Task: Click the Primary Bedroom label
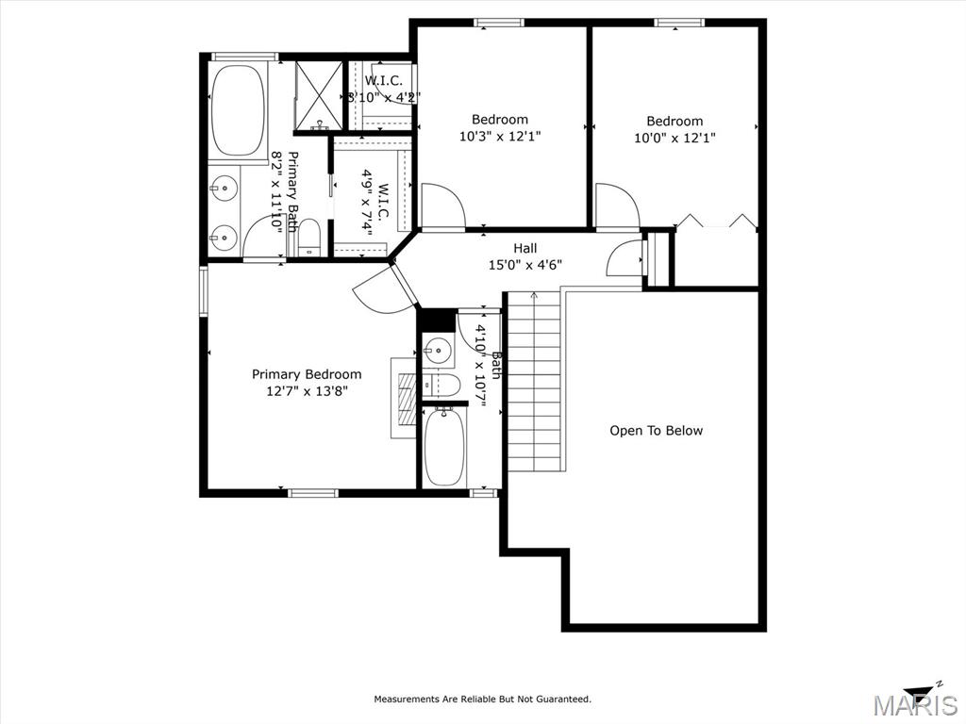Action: (307, 374)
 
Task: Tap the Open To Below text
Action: (657, 430)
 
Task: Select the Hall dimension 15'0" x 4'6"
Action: (525, 265)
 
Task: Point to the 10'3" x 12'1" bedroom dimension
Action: (500, 136)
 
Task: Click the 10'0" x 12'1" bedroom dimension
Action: (675, 138)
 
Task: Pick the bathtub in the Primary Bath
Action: (238, 109)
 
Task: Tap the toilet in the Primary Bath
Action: (308, 237)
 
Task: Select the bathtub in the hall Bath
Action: (443, 447)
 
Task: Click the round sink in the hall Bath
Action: (438, 351)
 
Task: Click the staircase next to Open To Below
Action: (534, 382)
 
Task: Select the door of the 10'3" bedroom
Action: (442, 206)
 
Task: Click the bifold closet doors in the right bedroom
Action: (716, 222)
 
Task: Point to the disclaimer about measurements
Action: (482, 699)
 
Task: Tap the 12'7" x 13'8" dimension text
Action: (307, 391)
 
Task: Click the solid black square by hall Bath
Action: (438, 320)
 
